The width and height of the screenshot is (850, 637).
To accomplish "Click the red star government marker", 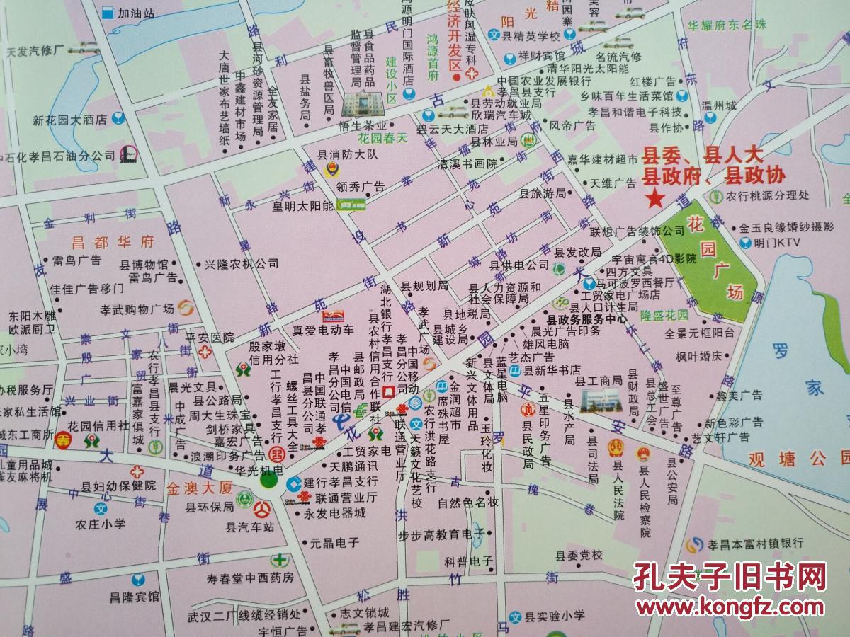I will pos(655,198).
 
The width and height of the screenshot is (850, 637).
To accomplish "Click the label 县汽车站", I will pos(249,527).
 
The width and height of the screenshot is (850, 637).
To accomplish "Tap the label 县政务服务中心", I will pos(585,319).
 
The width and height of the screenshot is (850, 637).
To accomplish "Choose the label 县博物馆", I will pos(144,264).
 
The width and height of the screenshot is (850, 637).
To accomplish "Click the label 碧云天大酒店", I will pos(453,129).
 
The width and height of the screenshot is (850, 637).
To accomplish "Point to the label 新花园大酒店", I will pos(69,120).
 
